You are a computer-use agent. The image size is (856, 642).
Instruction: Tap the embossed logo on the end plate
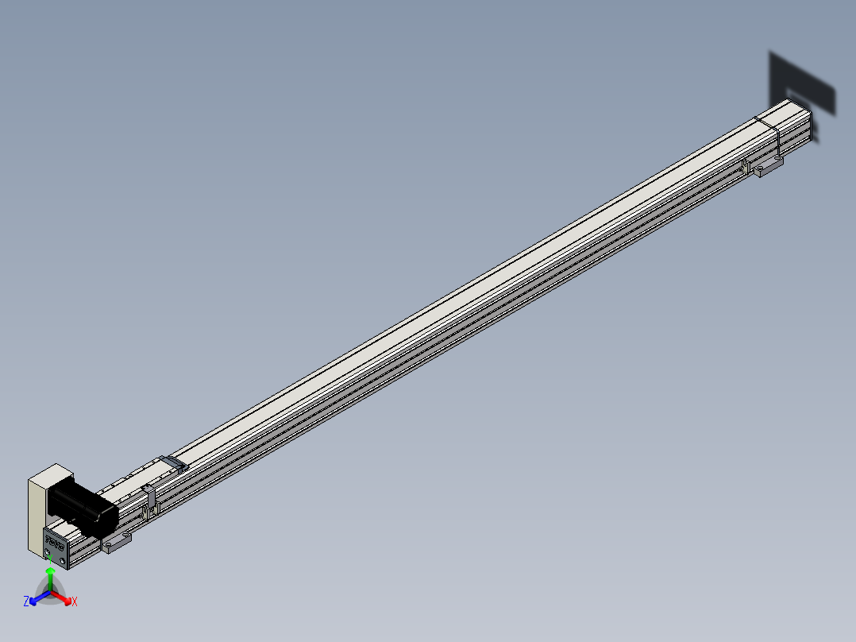point(56,544)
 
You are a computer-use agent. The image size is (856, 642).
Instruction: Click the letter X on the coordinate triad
point(75,602)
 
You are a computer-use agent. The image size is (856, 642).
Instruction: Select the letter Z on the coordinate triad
point(26,601)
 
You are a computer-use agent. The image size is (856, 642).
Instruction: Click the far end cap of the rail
point(808,123)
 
